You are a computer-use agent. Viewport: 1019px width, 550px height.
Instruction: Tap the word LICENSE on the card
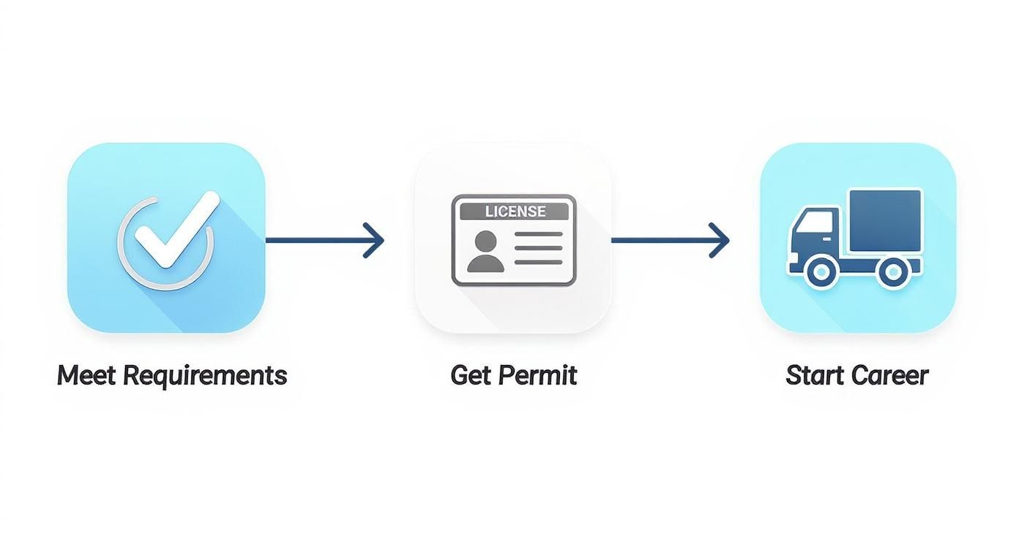pyautogui.click(x=515, y=211)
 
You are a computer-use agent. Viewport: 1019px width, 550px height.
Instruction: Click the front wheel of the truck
pyautogui.click(x=819, y=272)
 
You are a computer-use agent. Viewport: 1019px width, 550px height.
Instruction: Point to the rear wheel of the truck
pyautogui.click(x=893, y=272)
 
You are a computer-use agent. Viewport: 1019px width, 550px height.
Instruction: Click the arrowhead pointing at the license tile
pyautogui.click(x=375, y=240)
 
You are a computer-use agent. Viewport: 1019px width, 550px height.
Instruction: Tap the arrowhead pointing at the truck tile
pyautogui.click(x=720, y=240)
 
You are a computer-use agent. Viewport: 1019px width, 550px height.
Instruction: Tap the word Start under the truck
pyautogui.click(x=810, y=375)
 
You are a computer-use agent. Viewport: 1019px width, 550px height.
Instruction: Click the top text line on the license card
pyautogui.click(x=539, y=235)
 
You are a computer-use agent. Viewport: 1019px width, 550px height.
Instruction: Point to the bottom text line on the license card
pyautogui.click(x=539, y=261)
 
